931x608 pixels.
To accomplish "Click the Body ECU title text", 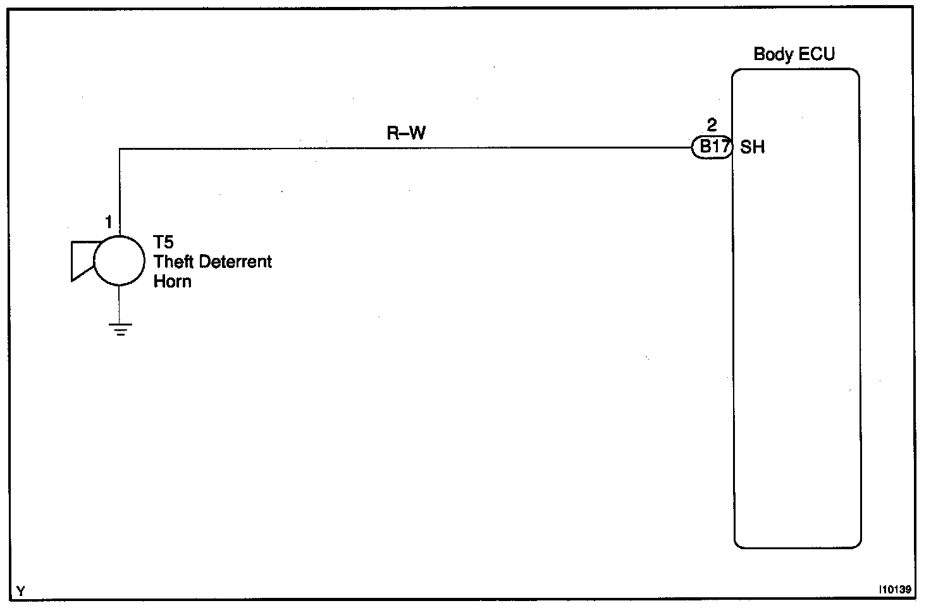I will coord(794,54).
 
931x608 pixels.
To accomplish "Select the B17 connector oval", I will coord(712,148).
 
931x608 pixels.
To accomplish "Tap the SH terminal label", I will coord(752,148).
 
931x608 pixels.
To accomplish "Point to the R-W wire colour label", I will coord(406,133).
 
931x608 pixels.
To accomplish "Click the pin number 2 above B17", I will coord(712,125).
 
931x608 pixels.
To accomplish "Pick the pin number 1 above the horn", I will coord(109,222).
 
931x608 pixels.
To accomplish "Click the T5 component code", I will coord(163,243).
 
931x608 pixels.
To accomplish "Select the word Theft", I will coord(173,262).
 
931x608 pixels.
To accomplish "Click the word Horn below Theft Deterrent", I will coord(172,281).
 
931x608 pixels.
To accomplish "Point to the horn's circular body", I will coord(119,260).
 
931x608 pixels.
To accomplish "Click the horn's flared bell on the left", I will coord(82,260).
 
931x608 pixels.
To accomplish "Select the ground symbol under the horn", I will coord(120,329).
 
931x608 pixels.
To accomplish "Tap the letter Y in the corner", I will coord(21,592).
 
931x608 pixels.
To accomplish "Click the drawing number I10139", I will coord(894,590).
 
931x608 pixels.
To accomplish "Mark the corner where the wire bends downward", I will coord(120,149).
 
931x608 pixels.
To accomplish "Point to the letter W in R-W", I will coord(417,133).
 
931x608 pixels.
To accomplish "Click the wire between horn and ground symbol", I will coord(120,304).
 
